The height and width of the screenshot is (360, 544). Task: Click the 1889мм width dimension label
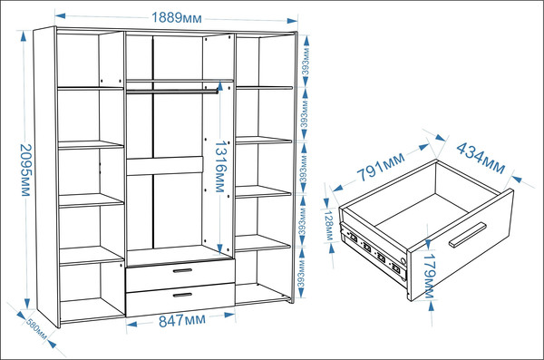click(176, 17)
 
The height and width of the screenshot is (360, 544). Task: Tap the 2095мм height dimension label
click(26, 170)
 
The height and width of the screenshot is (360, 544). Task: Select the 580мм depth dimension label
click(36, 329)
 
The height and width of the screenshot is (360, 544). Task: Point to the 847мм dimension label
click(182, 320)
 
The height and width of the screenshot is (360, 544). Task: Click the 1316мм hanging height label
click(221, 166)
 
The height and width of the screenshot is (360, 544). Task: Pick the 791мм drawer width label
click(381, 166)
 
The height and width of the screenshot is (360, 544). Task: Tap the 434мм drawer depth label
click(481, 158)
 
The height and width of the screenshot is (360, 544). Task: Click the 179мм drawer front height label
click(430, 276)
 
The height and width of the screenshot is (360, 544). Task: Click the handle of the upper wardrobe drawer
click(182, 270)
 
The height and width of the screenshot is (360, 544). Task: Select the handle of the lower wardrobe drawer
click(182, 295)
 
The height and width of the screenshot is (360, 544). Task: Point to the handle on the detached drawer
click(467, 235)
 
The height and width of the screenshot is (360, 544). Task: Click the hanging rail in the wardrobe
click(172, 92)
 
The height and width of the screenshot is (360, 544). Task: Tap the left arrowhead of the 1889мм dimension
click(60, 15)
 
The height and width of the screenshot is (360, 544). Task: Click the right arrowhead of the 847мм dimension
click(229, 315)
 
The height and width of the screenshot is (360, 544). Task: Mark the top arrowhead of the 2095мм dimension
click(24, 36)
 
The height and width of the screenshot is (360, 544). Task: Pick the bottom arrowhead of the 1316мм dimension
click(220, 248)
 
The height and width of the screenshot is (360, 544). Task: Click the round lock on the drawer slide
click(403, 261)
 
